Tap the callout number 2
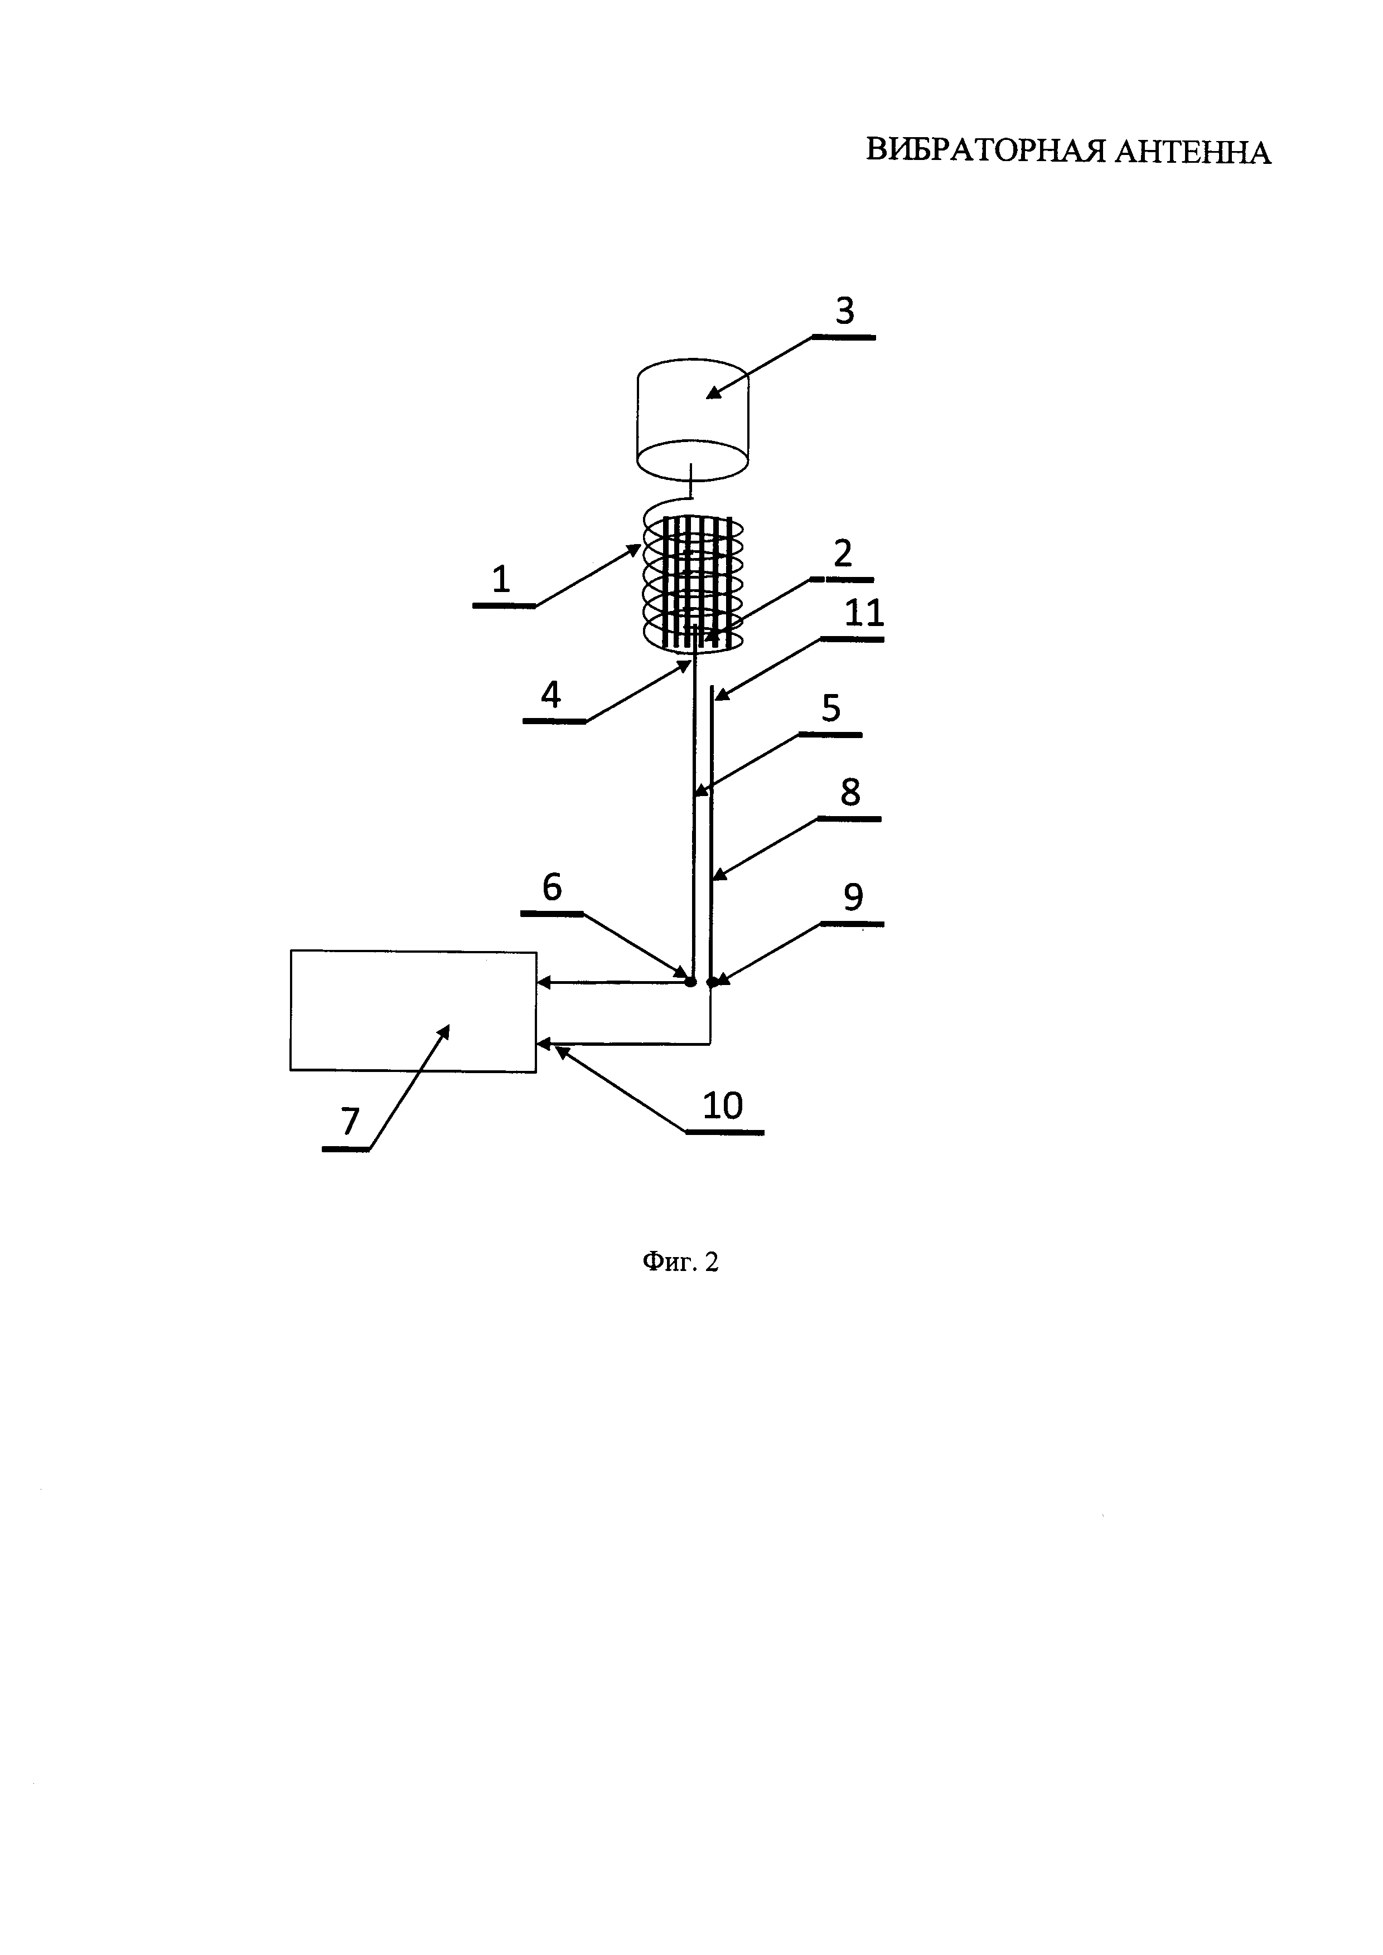[x=842, y=554]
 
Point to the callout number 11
[x=863, y=613]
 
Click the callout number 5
[x=831, y=709]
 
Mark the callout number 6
[x=552, y=888]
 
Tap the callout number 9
[x=853, y=898]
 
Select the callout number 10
[x=723, y=1106]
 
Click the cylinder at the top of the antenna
[x=693, y=417]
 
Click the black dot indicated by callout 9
[x=712, y=982]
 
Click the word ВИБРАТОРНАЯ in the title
[x=985, y=152]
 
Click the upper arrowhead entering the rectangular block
[x=543, y=983]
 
